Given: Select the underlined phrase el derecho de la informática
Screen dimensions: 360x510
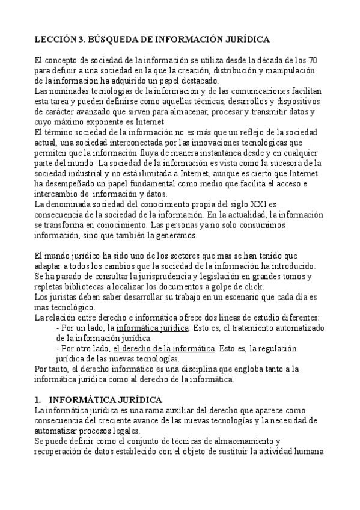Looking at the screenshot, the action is (x=163, y=348).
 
